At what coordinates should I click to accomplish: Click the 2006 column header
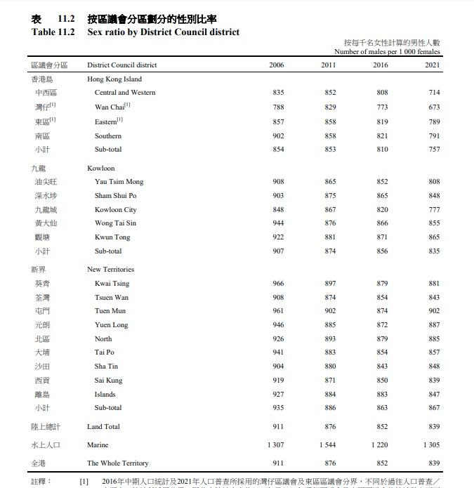click(x=277, y=65)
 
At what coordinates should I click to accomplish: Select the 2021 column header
click(x=433, y=65)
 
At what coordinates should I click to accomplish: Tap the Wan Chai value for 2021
click(x=434, y=107)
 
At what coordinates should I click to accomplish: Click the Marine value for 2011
click(x=327, y=445)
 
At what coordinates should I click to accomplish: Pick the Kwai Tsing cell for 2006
click(x=278, y=284)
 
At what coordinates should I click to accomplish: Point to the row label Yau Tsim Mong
click(x=119, y=182)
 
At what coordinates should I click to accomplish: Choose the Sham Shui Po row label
click(x=115, y=196)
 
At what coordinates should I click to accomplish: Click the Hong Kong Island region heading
click(x=114, y=79)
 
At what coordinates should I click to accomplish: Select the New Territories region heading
click(x=110, y=270)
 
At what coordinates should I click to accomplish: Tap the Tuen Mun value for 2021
click(x=434, y=311)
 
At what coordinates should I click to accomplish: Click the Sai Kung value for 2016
click(x=382, y=381)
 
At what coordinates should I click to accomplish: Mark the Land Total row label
click(x=103, y=427)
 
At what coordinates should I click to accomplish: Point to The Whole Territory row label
click(x=117, y=463)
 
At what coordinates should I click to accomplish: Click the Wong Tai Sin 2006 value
click(x=278, y=223)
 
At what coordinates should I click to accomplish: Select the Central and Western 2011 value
click(x=330, y=93)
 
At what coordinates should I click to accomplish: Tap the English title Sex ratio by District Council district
click(x=163, y=32)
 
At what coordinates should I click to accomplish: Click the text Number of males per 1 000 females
click(x=387, y=52)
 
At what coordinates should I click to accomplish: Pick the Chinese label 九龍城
click(x=46, y=210)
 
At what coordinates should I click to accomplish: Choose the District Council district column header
click(x=121, y=65)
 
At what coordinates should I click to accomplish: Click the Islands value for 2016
click(x=382, y=395)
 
